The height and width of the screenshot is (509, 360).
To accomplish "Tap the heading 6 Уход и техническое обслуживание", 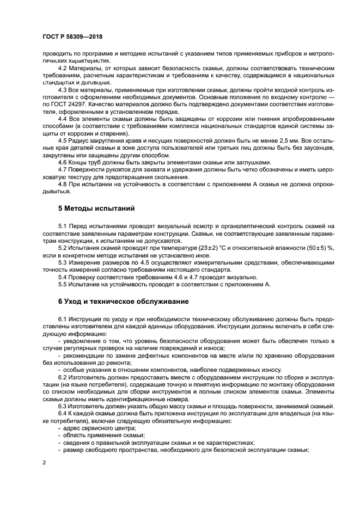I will coord(124,301).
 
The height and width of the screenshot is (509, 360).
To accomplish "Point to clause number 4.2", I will coord(63,69).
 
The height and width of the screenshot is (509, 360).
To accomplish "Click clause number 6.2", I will coord(63,376).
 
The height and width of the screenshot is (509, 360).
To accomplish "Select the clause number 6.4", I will coord(63,414).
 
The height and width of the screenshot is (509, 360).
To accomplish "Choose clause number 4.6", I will coord(63,162).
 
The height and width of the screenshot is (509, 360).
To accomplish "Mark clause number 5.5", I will coord(63,284).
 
